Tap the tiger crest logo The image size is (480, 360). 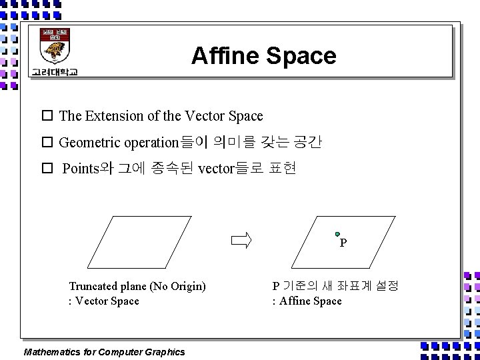pos(56,47)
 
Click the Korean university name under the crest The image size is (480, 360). pos(54,72)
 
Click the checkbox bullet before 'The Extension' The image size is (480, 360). pos(47,116)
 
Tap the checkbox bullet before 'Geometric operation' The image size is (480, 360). pos(47,142)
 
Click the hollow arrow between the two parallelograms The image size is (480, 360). pos(241,240)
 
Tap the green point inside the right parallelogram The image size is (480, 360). pos(338,234)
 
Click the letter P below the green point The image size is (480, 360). pos(343,243)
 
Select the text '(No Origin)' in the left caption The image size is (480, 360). pos(178,286)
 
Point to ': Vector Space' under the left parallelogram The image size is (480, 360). pos(104,301)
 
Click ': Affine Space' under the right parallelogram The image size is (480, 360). pos(307,301)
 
